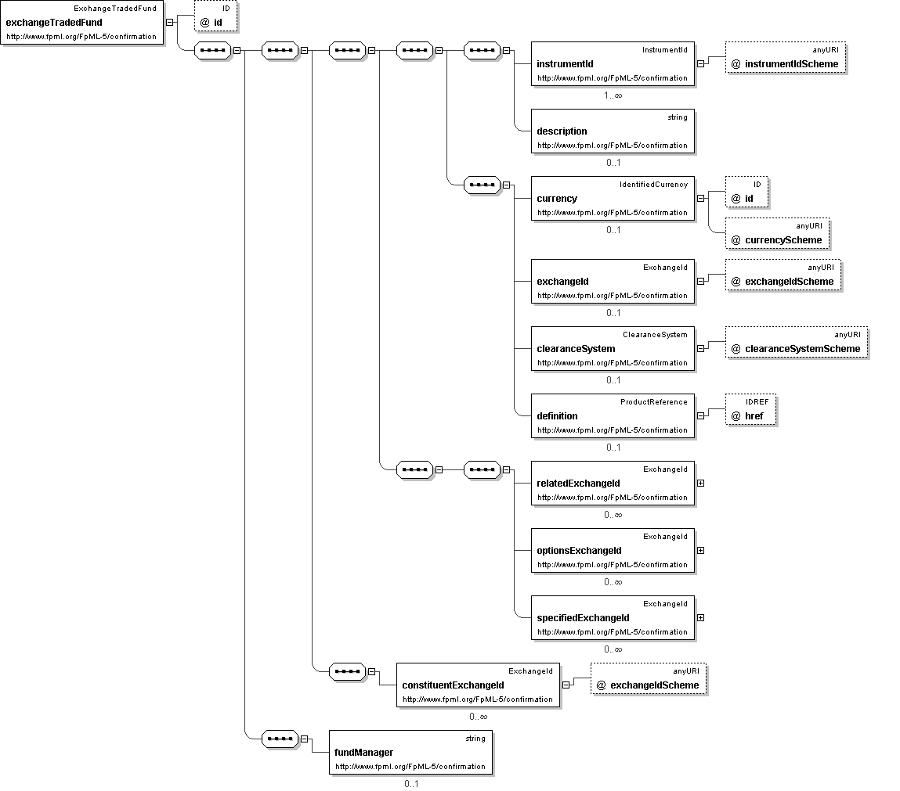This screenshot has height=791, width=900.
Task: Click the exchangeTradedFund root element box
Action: tap(82, 23)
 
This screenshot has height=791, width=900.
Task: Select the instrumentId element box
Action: tap(613, 63)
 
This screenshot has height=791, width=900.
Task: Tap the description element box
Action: tap(613, 131)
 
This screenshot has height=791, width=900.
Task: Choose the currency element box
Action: tap(613, 198)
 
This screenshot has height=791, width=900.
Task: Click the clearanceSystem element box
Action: tap(613, 348)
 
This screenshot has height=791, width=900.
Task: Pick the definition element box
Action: tap(613, 415)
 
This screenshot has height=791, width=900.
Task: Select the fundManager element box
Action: tap(410, 752)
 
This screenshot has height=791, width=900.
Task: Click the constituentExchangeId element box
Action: tap(478, 685)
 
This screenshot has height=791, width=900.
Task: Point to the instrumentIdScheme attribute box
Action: tap(785, 57)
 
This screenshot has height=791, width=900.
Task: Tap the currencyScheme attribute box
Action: tap(777, 233)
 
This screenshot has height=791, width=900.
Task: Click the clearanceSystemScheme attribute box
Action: tap(797, 342)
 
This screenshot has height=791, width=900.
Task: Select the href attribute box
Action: tap(750, 409)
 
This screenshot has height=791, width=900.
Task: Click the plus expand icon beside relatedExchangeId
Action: tap(700, 484)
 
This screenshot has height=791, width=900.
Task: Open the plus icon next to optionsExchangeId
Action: tap(700, 550)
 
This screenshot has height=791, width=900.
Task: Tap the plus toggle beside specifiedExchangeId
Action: tap(700, 618)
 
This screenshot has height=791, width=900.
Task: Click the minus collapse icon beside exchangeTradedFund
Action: tap(169, 23)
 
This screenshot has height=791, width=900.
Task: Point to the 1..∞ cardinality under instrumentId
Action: tap(613, 95)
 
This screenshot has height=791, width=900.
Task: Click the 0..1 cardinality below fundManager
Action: tap(411, 783)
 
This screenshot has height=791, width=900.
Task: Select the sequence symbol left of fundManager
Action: tap(280, 739)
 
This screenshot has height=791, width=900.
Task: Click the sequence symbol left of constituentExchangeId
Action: tap(347, 671)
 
